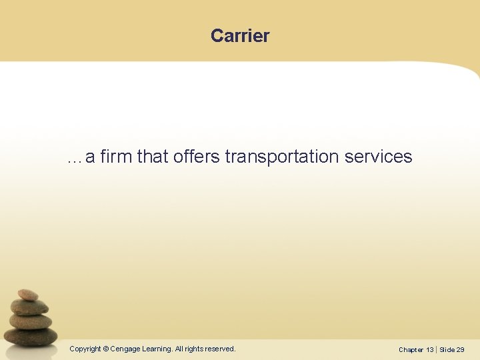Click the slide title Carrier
pyautogui.click(x=240, y=35)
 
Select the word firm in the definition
pyautogui.click(x=116, y=157)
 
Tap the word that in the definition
pyautogui.click(x=153, y=157)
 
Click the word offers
pyautogui.click(x=197, y=157)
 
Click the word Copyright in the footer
pyautogui.click(x=85, y=349)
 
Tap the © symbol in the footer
pyautogui.click(x=105, y=349)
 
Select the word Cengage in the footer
pyautogui.click(x=125, y=349)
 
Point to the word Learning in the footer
pyautogui.click(x=157, y=349)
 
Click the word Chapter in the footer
pyautogui.click(x=411, y=349)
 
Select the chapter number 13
pyautogui.click(x=429, y=349)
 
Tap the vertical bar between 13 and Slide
pyautogui.click(x=437, y=349)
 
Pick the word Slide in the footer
pyautogui.click(x=447, y=349)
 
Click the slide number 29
pyautogui.click(x=461, y=349)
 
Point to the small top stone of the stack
pyautogui.click(x=28, y=295)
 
